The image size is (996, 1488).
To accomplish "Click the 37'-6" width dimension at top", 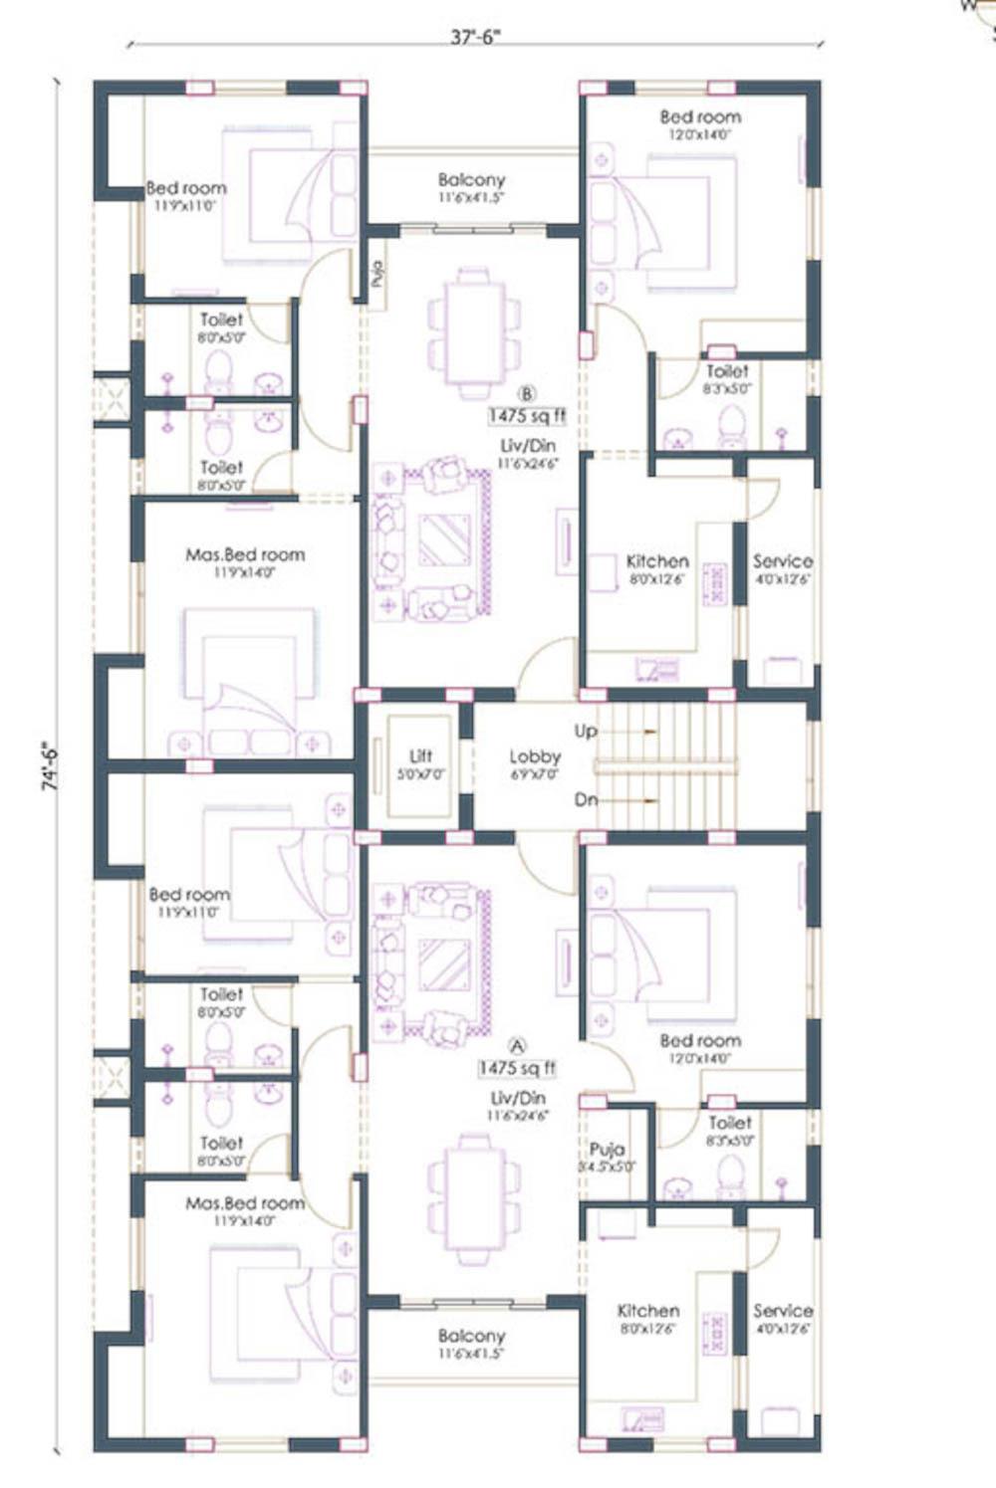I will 475,38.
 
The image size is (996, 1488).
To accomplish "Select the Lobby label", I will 535,757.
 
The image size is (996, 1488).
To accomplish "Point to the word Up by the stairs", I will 586,731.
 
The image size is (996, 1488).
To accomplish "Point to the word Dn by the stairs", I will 586,799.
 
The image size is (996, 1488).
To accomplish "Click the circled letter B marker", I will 528,394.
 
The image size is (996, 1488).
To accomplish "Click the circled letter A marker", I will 517,1045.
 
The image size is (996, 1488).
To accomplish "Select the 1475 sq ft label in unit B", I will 527,415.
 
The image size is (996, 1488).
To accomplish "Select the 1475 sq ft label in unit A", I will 517,1068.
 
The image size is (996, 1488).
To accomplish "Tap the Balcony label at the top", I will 471,180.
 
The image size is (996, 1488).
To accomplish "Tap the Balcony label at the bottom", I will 471,1336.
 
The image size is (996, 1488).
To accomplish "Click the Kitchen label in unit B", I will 657,561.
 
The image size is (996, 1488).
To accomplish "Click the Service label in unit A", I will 782,1311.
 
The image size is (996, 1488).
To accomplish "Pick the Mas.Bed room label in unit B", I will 245,554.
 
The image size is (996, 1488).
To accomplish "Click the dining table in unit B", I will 474,332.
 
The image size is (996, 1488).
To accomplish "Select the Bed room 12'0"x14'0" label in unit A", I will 700,1041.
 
